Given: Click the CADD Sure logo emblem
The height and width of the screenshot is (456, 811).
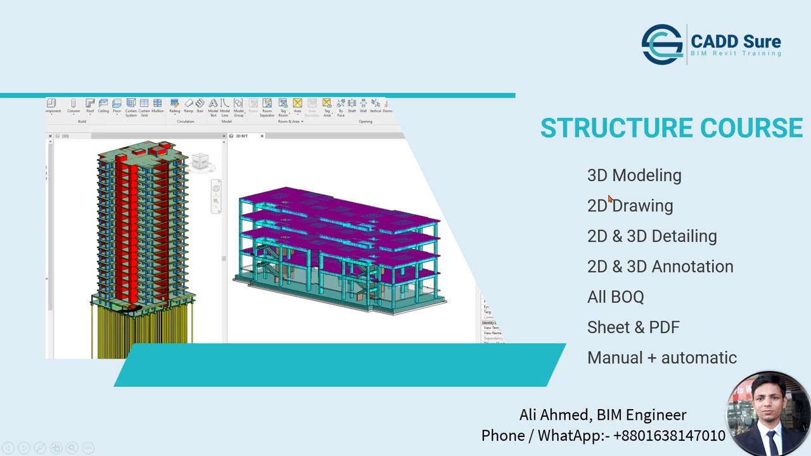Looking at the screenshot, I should [x=661, y=44].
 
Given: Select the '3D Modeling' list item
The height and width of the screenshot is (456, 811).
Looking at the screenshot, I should [x=634, y=175].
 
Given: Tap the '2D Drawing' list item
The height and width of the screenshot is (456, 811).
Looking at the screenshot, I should [x=630, y=206].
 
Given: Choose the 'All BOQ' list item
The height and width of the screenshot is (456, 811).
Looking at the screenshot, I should [x=615, y=297].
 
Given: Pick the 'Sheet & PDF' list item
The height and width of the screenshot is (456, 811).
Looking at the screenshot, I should [x=633, y=327].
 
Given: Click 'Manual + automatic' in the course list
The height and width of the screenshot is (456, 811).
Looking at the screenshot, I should [x=661, y=358].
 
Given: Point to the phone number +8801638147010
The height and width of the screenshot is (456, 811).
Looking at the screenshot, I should [x=669, y=436].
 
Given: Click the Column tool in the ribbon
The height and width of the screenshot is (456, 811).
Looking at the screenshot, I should [x=73, y=105].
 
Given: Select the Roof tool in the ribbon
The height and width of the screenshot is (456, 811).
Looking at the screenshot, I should [x=90, y=105].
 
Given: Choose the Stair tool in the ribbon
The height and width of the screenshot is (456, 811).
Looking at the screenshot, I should [x=200, y=105].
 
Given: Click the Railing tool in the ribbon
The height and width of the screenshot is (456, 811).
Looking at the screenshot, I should [x=174, y=105].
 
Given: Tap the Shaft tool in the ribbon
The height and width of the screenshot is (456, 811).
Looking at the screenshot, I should [x=352, y=105].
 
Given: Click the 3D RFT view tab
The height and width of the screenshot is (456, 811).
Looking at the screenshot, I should [x=241, y=136].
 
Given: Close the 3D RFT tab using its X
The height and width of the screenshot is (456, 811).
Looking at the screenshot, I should [x=262, y=136].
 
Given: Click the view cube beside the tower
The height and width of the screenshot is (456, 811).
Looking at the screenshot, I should [x=200, y=161].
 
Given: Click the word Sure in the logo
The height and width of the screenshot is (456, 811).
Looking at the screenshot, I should [x=758, y=42].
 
